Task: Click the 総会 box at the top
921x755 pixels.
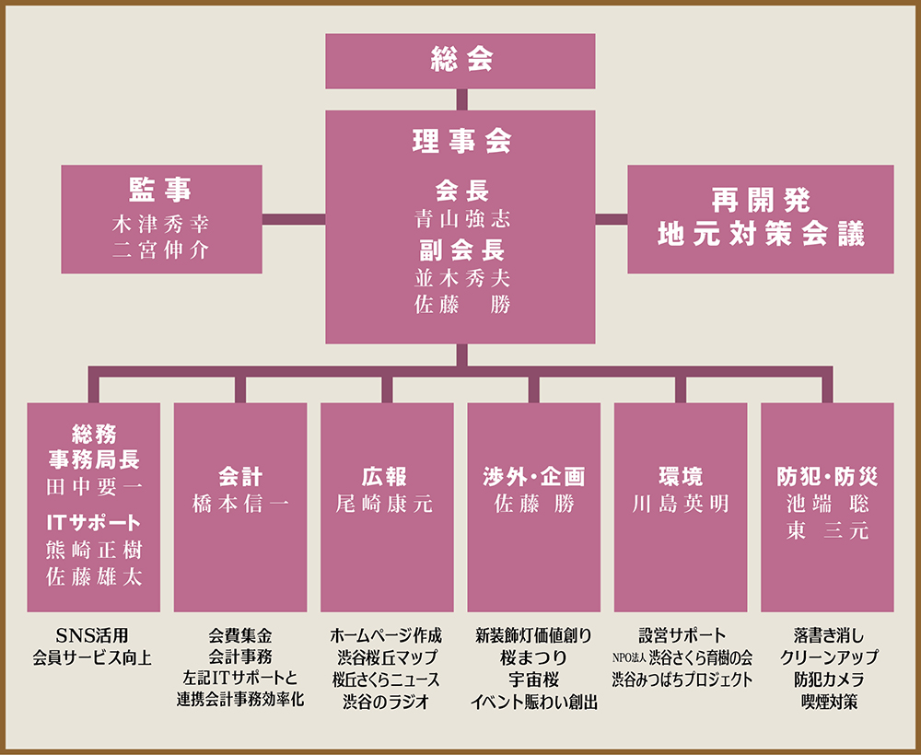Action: click(x=460, y=61)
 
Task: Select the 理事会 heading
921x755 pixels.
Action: click(x=461, y=142)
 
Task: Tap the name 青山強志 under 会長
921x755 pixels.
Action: click(x=461, y=219)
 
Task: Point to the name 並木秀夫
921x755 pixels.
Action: click(x=461, y=278)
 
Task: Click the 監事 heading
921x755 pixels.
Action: click(x=161, y=190)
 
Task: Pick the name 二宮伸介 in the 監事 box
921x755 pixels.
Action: click(x=161, y=250)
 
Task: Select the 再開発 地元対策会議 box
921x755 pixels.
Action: click(x=761, y=219)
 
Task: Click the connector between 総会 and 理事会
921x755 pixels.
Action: click(x=461, y=99)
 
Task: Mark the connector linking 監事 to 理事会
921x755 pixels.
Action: click(x=294, y=219)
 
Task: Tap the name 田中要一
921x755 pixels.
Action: click(x=93, y=487)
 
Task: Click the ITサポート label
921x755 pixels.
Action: click(x=93, y=522)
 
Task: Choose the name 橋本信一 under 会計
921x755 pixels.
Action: click(x=240, y=504)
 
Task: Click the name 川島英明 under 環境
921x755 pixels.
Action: click(x=681, y=504)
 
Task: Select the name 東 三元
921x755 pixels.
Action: click(x=827, y=530)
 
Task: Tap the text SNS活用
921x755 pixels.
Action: click(x=92, y=635)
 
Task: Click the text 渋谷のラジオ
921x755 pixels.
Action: click(x=386, y=702)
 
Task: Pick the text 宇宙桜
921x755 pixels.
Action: click(x=533, y=679)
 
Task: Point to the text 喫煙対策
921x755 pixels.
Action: click(x=829, y=702)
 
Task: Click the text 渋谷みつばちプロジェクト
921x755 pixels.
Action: click(x=682, y=679)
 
